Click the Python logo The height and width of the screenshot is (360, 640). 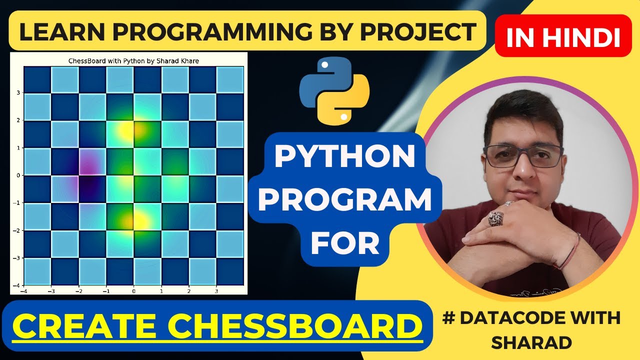click(x=334, y=90)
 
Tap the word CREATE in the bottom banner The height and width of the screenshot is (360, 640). click(x=89, y=325)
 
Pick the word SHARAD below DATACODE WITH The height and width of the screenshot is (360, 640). click(x=531, y=342)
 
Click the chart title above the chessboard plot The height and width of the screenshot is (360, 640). click(x=133, y=61)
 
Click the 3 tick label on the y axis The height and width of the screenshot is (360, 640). click(x=18, y=93)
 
